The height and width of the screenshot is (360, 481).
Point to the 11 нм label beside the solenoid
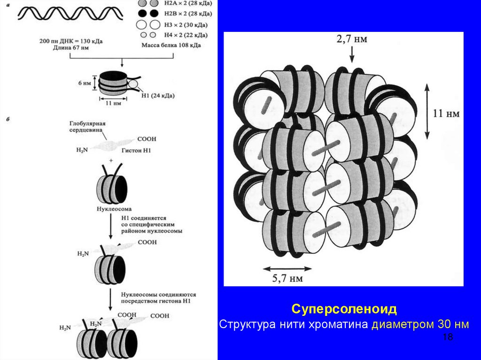(x=445, y=113)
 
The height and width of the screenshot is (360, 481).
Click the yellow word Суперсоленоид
(x=344, y=309)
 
